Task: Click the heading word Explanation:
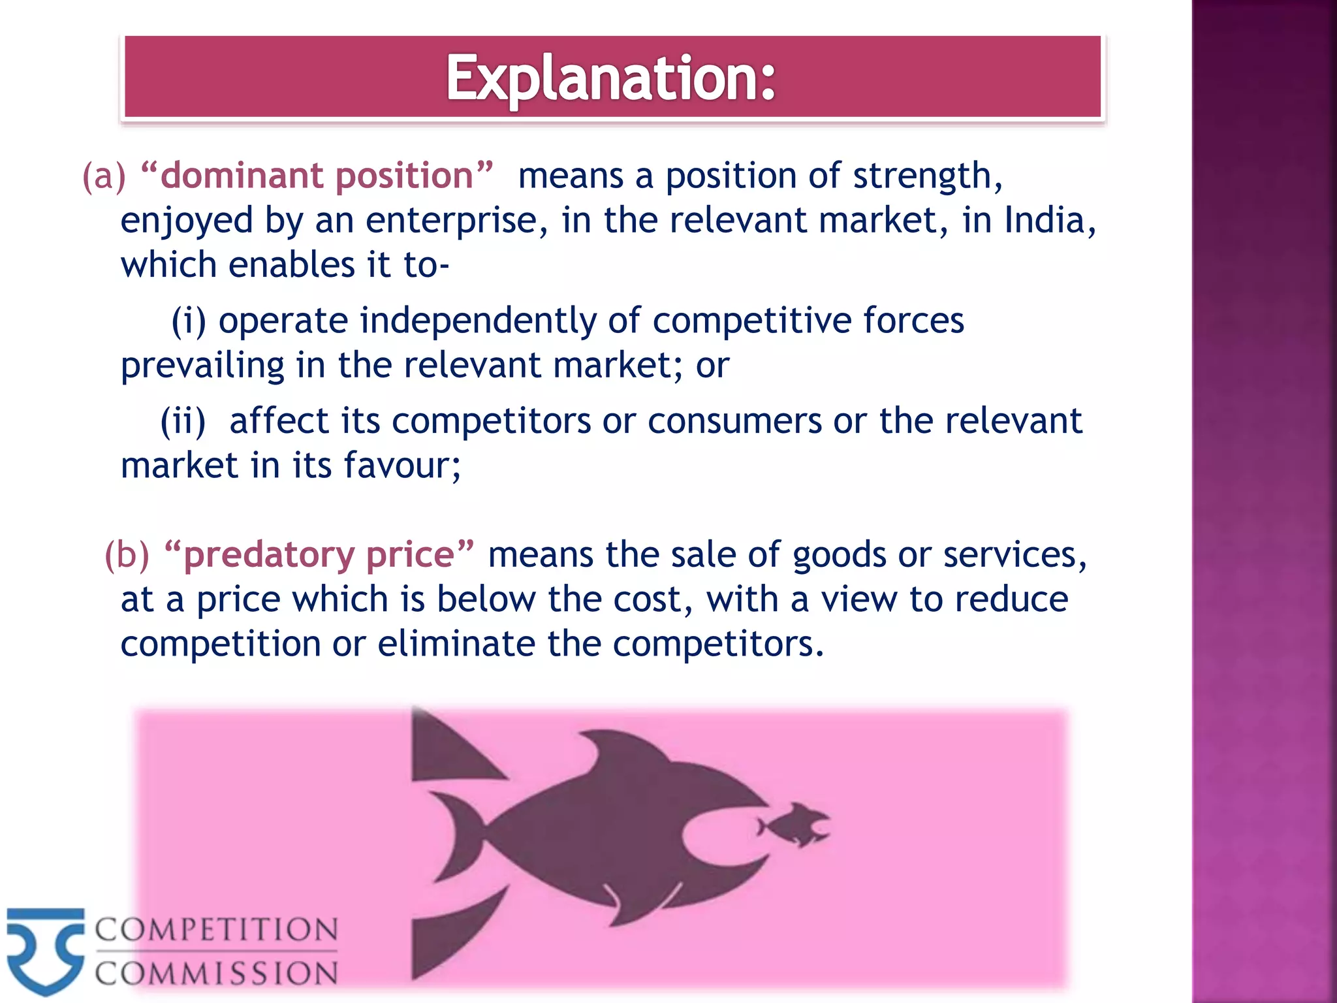611,78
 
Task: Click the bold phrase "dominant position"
317,176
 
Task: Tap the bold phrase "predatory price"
319,555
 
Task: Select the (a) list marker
103,176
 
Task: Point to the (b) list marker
127,555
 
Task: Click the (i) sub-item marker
189,321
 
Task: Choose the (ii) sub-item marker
183,421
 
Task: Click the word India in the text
1044,220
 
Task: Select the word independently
478,321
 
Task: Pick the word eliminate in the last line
456,644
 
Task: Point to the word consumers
734,421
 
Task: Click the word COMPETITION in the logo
216,930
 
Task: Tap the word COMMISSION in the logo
216,973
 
